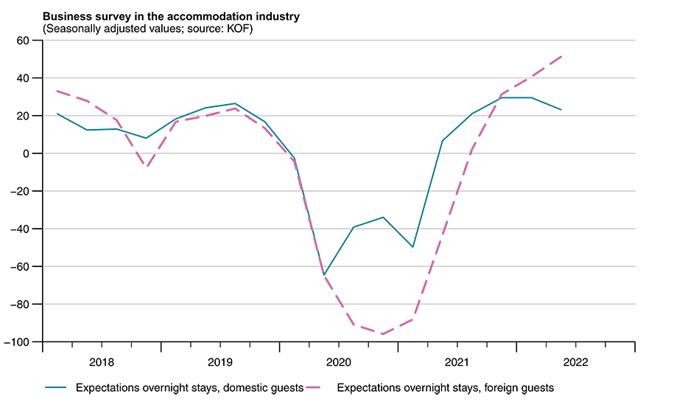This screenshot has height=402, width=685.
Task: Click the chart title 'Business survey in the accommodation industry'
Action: pyautogui.click(x=171, y=16)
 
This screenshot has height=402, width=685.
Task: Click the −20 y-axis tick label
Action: pyautogui.click(x=26, y=192)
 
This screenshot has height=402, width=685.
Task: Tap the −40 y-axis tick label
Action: pyautogui.click(x=26, y=229)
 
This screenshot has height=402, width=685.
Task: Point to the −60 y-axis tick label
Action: pyautogui.click(x=26, y=267)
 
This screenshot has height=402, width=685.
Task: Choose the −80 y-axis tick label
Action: pyautogui.click(x=26, y=305)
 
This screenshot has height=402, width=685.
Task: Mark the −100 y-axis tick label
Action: pyautogui.click(x=23, y=342)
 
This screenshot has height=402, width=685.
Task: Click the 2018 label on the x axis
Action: pyautogui.click(x=101, y=362)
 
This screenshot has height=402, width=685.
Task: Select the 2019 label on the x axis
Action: pyautogui.click(x=219, y=362)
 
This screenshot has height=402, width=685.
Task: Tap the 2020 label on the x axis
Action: pyautogui.click(x=338, y=362)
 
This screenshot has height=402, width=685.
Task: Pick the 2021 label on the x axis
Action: pyautogui.click(x=457, y=362)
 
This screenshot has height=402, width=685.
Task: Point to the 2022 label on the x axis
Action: pyautogui.click(x=575, y=362)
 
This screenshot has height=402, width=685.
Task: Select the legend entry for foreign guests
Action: pyautogui.click(x=445, y=387)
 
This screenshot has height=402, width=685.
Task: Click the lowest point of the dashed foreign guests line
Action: pyautogui.click(x=383, y=334)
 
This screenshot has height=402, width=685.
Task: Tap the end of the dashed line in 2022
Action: pyautogui.click(x=561, y=56)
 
